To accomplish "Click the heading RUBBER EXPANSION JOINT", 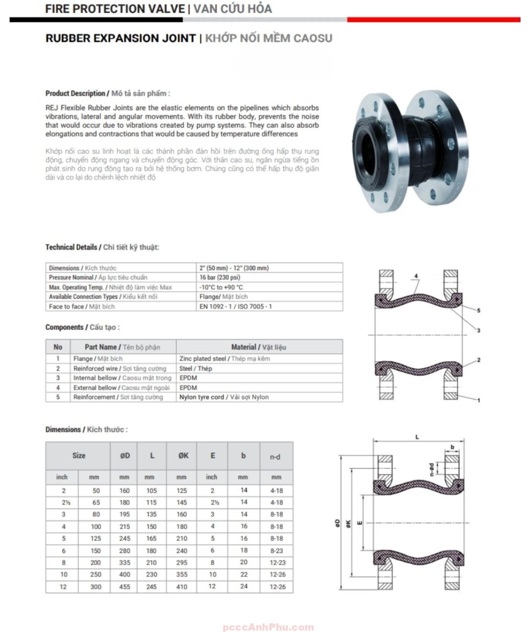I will [x=120, y=38].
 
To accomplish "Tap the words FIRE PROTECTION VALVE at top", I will [x=115, y=9].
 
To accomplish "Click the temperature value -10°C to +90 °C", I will [x=221, y=287].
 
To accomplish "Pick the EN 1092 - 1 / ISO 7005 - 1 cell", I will [x=236, y=306].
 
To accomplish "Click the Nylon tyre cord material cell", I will [x=224, y=397].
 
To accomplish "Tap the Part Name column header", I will [x=123, y=347].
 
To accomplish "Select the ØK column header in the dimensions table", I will [x=183, y=456].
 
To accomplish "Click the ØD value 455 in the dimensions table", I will [x=125, y=587].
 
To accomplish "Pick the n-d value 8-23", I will [x=277, y=551].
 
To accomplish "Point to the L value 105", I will [x=151, y=490].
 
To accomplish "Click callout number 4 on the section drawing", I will [x=416, y=276].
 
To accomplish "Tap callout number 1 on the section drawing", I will [x=478, y=400].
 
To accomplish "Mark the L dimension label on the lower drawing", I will [x=417, y=437].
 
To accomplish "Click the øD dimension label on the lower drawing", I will [x=337, y=523].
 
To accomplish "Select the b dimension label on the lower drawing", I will [x=452, y=447].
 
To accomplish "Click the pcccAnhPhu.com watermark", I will [x=268, y=627].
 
